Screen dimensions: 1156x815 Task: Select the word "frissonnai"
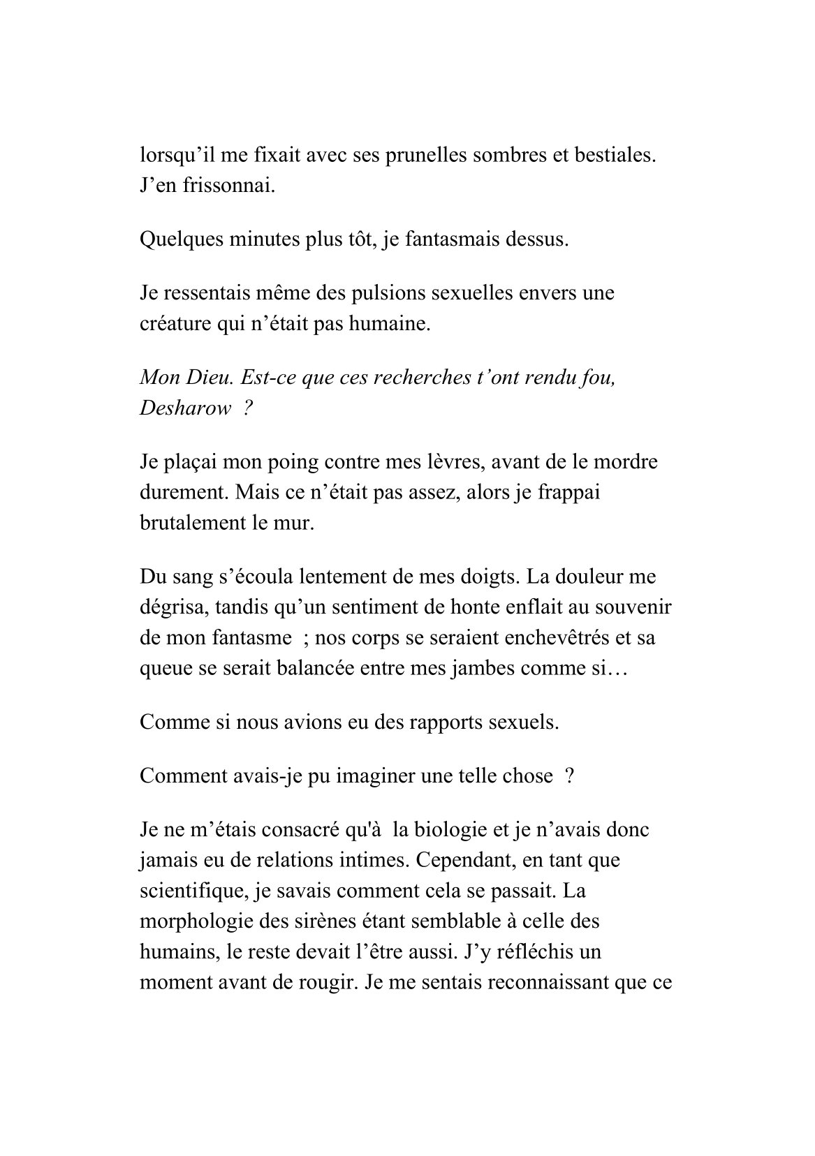222,186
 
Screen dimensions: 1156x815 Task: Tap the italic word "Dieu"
210,378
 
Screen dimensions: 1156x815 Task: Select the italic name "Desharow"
184,409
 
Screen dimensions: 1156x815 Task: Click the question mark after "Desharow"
248,409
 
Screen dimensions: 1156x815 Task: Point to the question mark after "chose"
569,776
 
